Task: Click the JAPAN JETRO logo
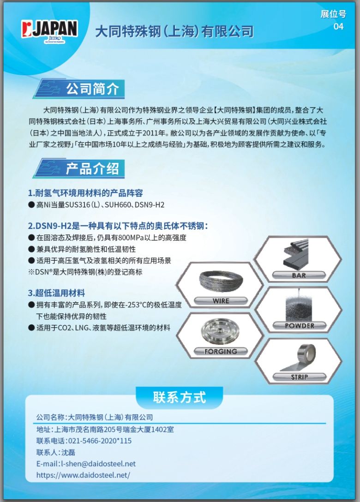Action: click(x=50, y=31)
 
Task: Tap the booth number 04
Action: click(x=338, y=26)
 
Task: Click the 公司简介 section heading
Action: click(x=93, y=89)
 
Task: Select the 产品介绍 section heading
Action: click(x=93, y=168)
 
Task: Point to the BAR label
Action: click(x=299, y=275)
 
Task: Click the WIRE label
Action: click(x=221, y=301)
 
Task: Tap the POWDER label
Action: click(x=300, y=326)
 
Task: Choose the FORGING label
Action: click(x=221, y=352)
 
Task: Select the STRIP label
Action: click(x=300, y=377)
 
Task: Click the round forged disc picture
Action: click(x=221, y=331)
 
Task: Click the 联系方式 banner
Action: click(x=180, y=397)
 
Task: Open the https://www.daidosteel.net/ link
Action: click(x=83, y=475)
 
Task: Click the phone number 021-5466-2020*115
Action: click(x=100, y=441)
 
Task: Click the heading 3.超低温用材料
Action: click(x=56, y=293)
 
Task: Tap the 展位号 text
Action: click(x=333, y=14)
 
